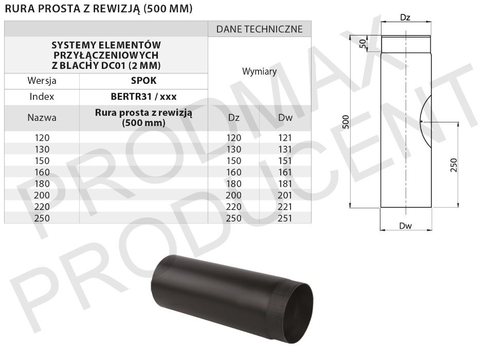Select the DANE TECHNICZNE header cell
259,29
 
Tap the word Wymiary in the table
259,71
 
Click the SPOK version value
143,81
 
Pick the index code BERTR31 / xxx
143,97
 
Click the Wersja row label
42,81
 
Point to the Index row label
42,97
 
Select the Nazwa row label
42,117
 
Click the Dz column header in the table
234,118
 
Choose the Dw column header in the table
285,118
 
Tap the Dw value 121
285,137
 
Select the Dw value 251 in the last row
285,218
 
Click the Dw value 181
285,184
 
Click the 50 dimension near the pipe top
362,44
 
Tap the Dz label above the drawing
405,17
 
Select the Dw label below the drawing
406,225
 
